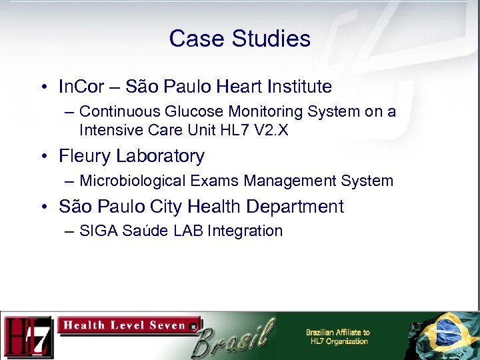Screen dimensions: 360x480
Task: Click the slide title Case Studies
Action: (x=239, y=39)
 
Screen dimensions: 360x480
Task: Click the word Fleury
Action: (x=85, y=156)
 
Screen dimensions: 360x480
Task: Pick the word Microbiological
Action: (x=126, y=181)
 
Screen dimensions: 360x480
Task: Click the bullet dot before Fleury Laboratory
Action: (x=43, y=157)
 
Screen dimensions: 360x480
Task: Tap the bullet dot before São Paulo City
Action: (x=43, y=207)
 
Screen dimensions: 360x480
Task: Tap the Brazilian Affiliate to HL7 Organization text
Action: (x=337, y=337)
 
